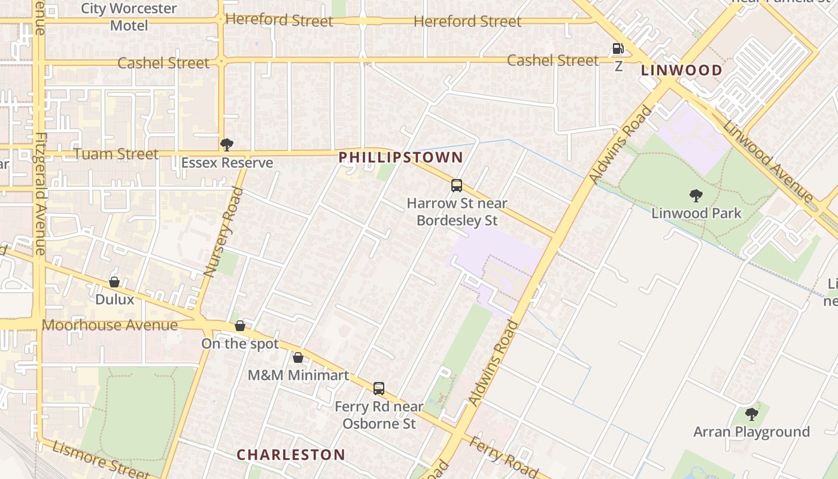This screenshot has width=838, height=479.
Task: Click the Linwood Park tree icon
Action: click(x=696, y=196)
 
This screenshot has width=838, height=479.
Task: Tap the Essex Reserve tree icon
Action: click(x=226, y=145)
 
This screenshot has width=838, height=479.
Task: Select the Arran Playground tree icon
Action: click(x=751, y=414)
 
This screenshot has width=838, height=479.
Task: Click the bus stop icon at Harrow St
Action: click(x=457, y=186)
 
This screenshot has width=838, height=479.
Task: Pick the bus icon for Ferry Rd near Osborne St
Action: click(x=378, y=389)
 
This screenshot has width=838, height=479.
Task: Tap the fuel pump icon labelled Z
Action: click(x=618, y=48)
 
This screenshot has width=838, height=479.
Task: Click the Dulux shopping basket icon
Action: click(x=114, y=282)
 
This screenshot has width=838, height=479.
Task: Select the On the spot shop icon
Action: click(x=240, y=326)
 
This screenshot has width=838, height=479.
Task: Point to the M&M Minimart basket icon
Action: click(x=298, y=358)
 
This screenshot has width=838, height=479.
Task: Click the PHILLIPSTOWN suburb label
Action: click(x=400, y=157)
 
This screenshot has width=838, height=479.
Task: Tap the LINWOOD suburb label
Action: click(x=681, y=70)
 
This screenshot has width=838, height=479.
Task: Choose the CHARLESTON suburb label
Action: click(x=291, y=454)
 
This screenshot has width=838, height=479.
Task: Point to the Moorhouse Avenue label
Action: click(x=110, y=325)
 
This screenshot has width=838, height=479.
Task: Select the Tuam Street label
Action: click(x=116, y=154)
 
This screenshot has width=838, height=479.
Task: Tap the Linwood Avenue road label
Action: click(x=768, y=160)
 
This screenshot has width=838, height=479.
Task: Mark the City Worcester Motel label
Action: click(x=129, y=17)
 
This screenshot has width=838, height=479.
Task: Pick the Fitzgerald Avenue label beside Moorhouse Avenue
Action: click(x=40, y=193)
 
